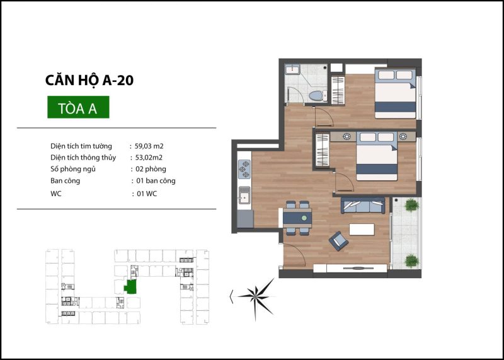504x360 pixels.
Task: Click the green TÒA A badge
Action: (x=78, y=107)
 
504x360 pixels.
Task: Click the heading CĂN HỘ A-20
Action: (x=89, y=81)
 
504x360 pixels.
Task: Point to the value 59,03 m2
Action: (x=149, y=146)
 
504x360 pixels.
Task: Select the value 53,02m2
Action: (x=149, y=158)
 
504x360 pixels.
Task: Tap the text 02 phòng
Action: (x=151, y=169)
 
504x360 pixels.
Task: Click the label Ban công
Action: (x=66, y=181)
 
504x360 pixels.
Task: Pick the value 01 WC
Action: (x=147, y=194)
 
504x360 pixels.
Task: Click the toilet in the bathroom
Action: (x=318, y=96)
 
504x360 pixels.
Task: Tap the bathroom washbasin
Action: (x=292, y=69)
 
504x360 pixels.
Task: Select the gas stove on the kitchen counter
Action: (x=244, y=169)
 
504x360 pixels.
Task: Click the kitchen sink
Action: (x=244, y=195)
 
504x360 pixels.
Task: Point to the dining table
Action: (x=297, y=218)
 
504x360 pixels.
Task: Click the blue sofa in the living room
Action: (x=363, y=206)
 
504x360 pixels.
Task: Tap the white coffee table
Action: (x=362, y=229)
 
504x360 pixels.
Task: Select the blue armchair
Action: (x=338, y=241)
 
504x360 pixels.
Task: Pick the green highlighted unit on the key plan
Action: (x=130, y=287)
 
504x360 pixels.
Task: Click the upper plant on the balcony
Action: (x=412, y=205)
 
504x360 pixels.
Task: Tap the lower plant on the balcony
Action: (x=412, y=260)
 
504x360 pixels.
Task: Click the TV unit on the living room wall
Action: (x=350, y=269)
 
